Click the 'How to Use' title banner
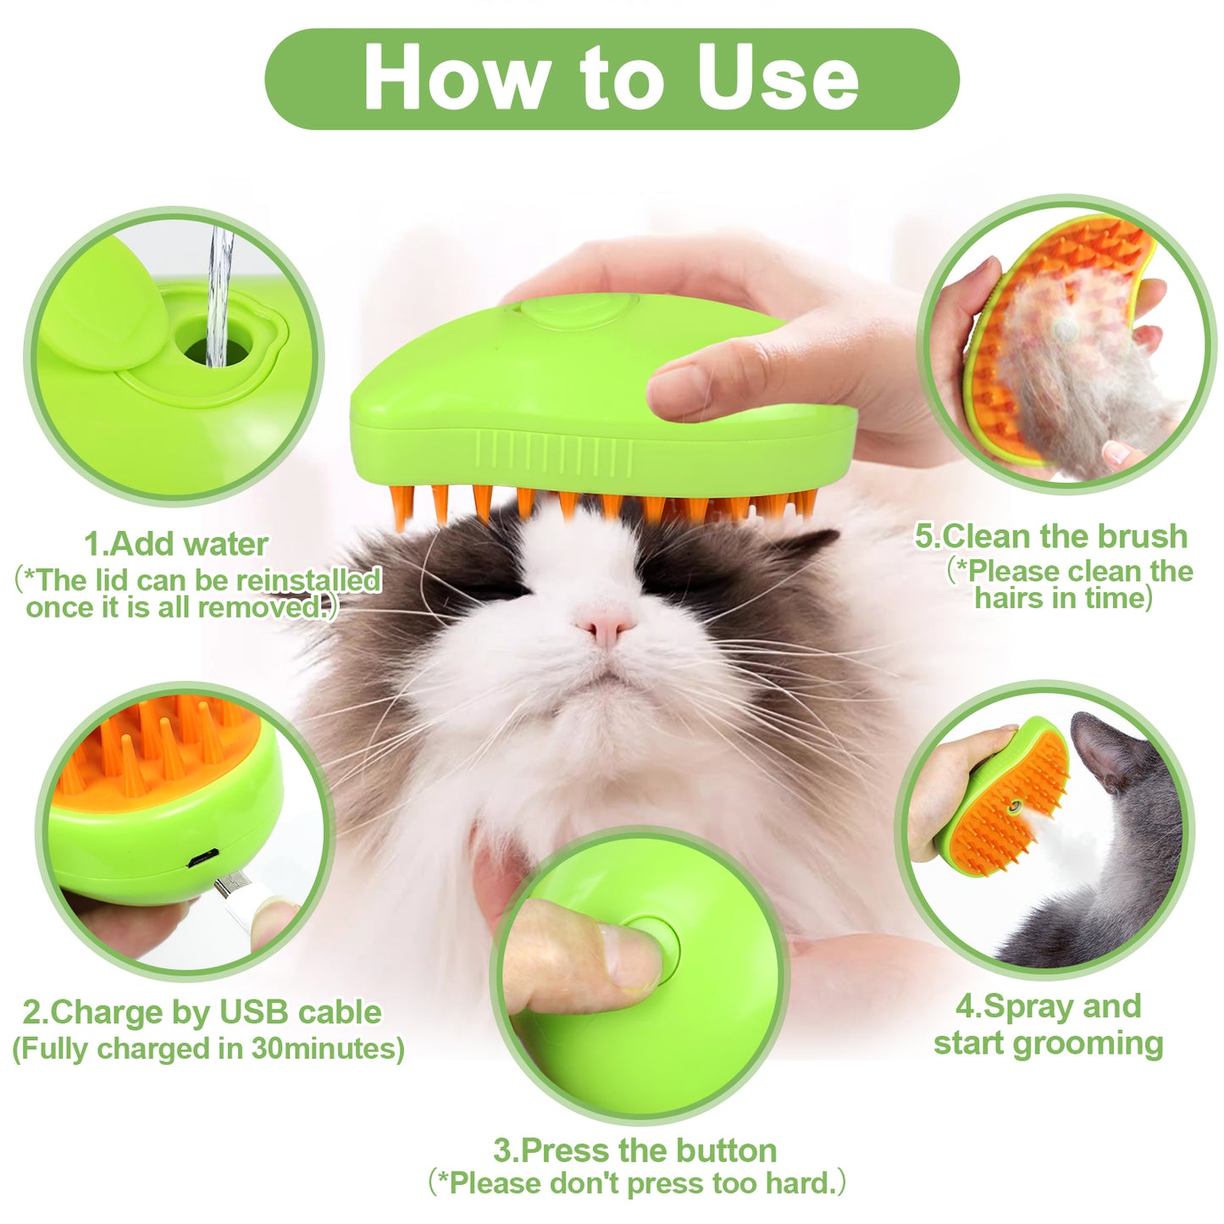click(x=612, y=79)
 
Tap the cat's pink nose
click(x=606, y=627)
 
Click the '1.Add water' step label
click(x=176, y=544)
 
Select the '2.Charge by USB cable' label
click(x=202, y=1012)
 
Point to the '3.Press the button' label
click(x=635, y=1150)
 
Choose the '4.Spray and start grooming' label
click(x=1049, y=1025)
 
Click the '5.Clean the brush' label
click(x=1051, y=536)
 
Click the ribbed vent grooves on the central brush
click(x=554, y=453)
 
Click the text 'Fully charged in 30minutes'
click(x=208, y=1049)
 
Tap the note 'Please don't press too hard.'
click(x=637, y=1182)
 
